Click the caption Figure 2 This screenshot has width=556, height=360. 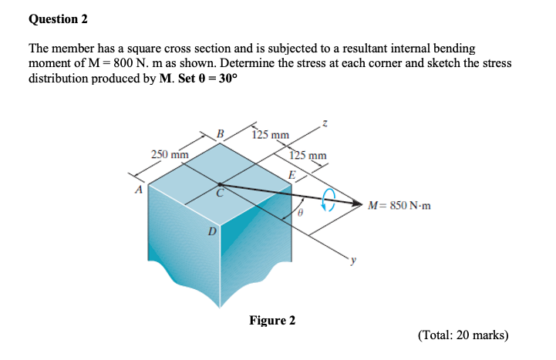point(272,320)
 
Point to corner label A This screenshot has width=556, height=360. point(140,190)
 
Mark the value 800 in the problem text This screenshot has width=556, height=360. point(98,63)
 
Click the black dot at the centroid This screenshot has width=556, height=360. point(220,185)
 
